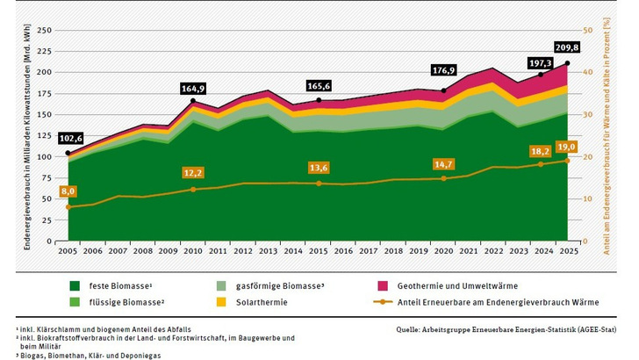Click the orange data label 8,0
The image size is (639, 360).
[68, 190]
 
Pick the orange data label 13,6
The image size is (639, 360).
[319, 167]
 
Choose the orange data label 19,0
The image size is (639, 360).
[567, 147]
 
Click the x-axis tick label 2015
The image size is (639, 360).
[318, 251]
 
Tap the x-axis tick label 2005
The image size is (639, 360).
[68, 251]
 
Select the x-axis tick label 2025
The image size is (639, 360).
[568, 251]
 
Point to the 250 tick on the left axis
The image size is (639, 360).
[47, 30]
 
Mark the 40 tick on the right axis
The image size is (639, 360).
[589, 72]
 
